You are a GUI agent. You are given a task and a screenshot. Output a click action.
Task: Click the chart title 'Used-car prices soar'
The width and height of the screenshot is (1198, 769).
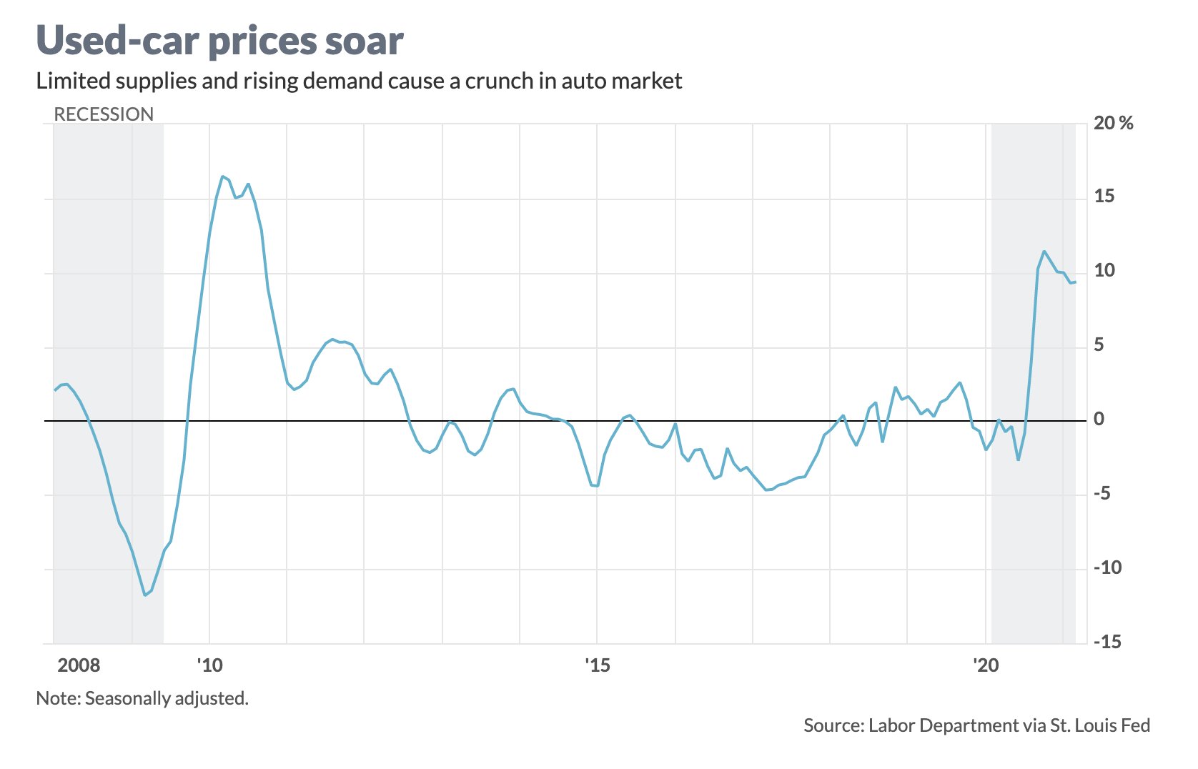coord(219,41)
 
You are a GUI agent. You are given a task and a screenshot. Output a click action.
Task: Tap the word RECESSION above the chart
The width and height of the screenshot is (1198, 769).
coord(104,114)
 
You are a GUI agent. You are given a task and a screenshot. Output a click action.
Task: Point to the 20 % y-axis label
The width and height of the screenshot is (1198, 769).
coord(1113,124)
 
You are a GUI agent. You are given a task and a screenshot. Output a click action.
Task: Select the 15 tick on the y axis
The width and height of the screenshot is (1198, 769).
coord(1104,197)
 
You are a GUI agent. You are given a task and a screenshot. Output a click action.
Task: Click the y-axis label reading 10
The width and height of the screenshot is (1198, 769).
coord(1104,271)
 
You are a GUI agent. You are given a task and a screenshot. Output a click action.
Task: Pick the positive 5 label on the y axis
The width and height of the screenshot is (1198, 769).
coord(1099,345)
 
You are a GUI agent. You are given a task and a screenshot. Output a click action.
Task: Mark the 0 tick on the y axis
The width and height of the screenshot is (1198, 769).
coord(1099,420)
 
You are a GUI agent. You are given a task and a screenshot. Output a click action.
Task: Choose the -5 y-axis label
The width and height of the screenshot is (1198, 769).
coord(1102,493)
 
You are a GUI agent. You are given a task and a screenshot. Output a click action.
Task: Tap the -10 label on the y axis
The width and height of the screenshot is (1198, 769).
coord(1107,567)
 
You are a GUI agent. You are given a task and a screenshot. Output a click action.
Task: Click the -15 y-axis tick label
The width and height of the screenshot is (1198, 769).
coord(1107,642)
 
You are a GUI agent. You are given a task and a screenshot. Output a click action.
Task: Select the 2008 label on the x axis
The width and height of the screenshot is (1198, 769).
coord(79,665)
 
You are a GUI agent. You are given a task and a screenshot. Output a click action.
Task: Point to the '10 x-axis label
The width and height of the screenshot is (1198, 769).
coord(209,665)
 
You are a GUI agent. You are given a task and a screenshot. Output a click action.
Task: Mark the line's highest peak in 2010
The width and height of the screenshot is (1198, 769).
coord(222,176)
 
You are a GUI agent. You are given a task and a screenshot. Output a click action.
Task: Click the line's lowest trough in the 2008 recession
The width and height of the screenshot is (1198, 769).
coord(145,595)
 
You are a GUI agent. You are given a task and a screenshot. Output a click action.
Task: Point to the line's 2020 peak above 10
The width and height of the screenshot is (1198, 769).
coord(1044,252)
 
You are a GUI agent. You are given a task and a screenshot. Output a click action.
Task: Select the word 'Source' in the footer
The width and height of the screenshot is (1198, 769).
coord(832,725)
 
